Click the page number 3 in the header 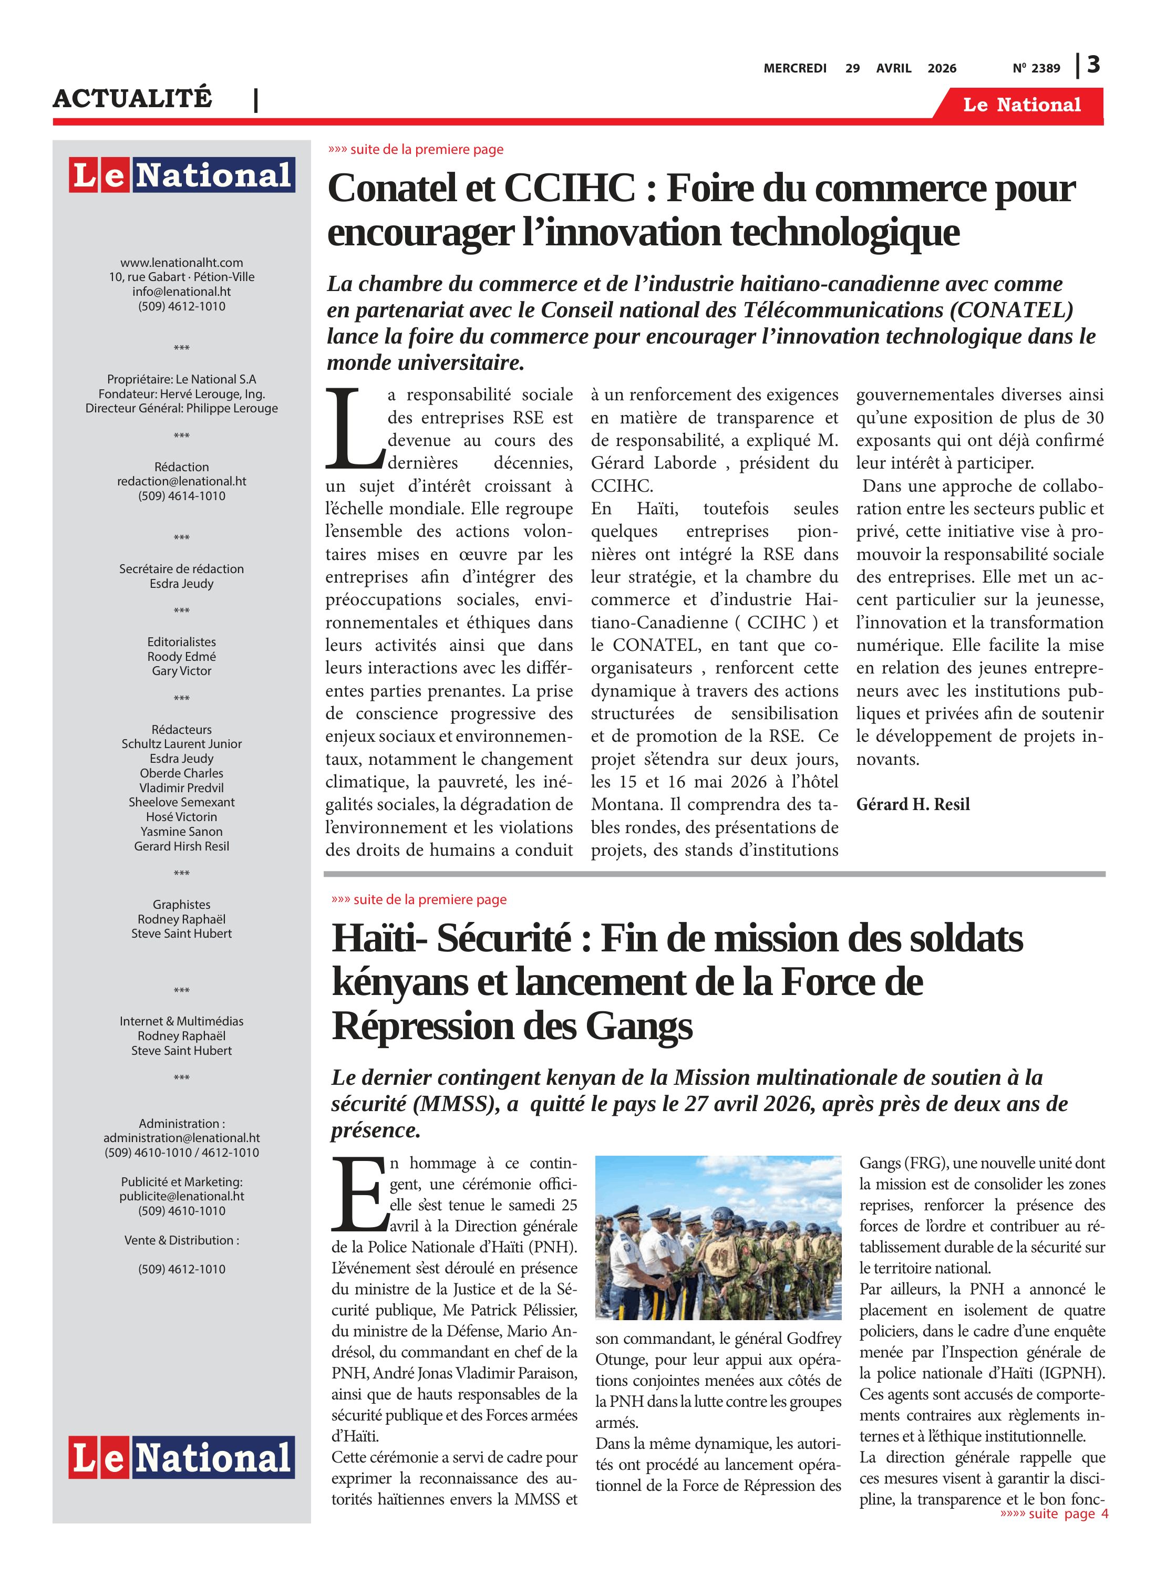click(x=1093, y=65)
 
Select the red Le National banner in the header click(x=1021, y=105)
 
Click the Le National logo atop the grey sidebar click(x=181, y=174)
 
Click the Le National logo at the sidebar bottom click(x=181, y=1457)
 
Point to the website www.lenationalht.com click(x=181, y=262)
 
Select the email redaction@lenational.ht click(x=181, y=481)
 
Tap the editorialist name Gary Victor click(x=181, y=671)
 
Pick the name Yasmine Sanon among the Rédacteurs click(x=181, y=831)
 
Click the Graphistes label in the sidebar click(x=181, y=905)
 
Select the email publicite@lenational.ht click(x=181, y=1196)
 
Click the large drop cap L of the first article click(x=354, y=429)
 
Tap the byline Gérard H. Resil click(x=913, y=804)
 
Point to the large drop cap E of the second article click(x=359, y=1194)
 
